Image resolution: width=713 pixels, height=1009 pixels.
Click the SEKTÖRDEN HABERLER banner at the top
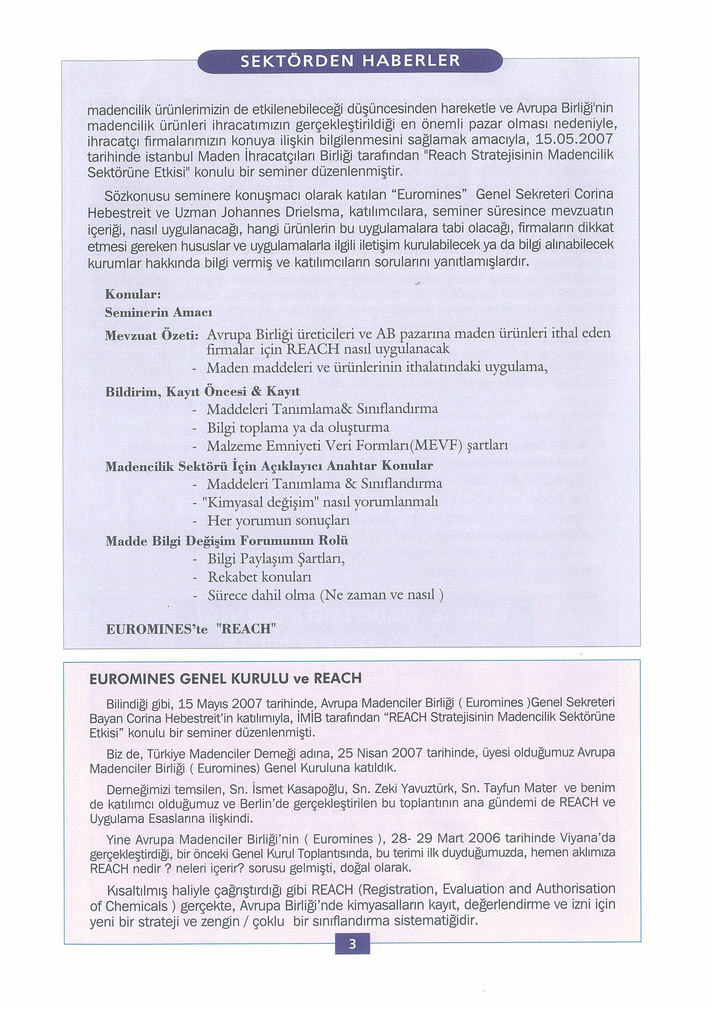click(x=350, y=61)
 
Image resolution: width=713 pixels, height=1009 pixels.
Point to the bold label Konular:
click(x=131, y=295)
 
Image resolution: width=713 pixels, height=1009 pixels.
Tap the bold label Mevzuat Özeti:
click(x=153, y=336)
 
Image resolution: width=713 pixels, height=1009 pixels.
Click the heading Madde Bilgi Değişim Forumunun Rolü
click(x=227, y=541)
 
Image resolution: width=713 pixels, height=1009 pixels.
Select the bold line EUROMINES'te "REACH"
click(x=191, y=629)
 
